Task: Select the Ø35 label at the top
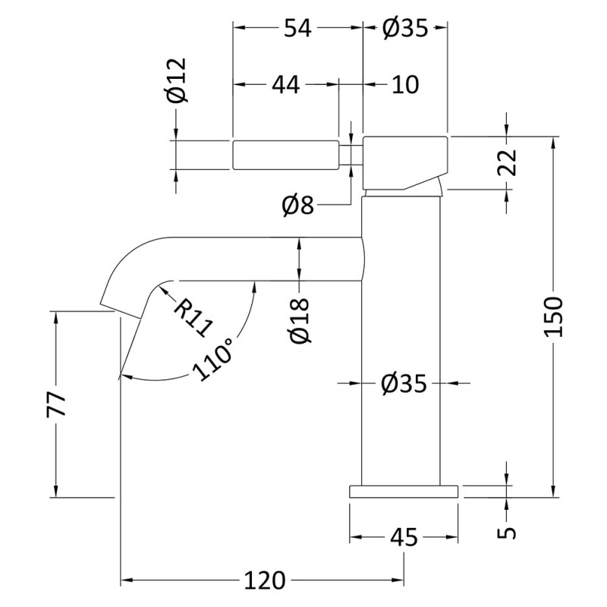(x=405, y=28)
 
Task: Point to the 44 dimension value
(x=285, y=85)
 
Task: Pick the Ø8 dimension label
(x=297, y=205)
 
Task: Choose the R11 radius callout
(x=191, y=316)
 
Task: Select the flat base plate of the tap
(x=404, y=491)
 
